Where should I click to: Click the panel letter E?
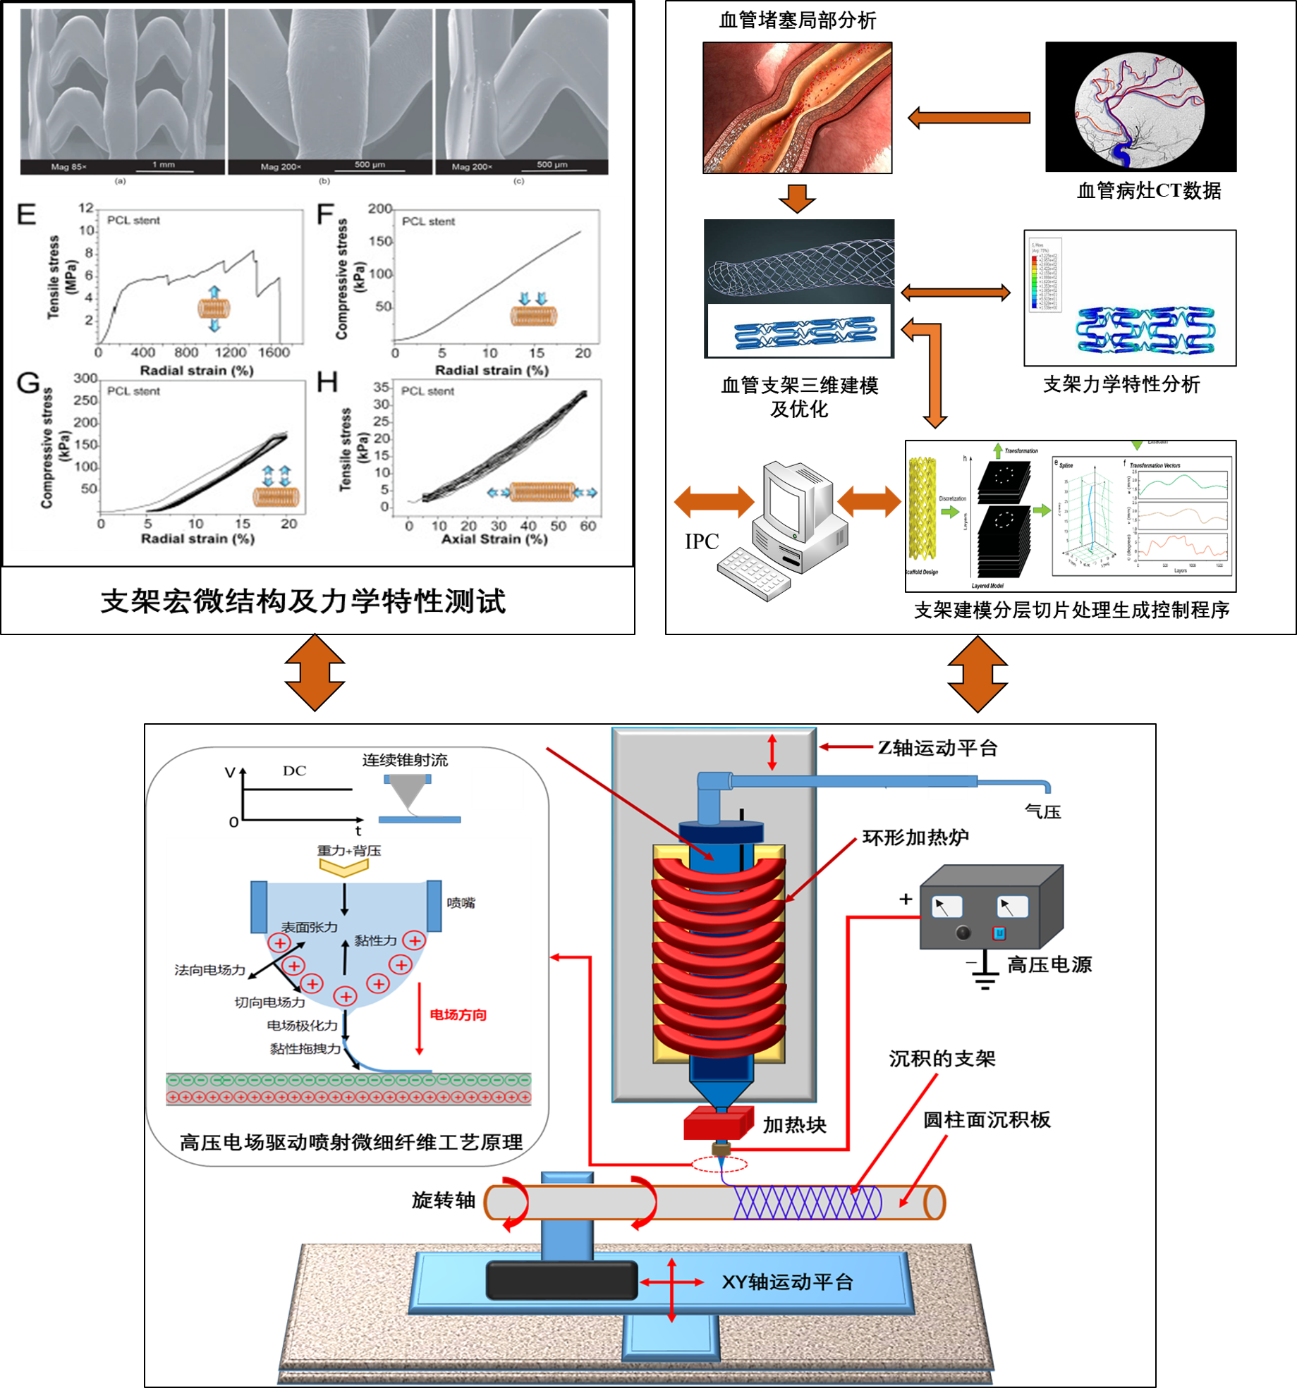[26, 214]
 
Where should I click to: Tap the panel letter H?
[327, 383]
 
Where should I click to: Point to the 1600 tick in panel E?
[274, 352]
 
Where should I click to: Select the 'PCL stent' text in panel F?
[428, 221]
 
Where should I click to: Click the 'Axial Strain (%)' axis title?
[494, 539]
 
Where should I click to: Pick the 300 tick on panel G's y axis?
[85, 379]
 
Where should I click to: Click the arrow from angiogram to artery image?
[969, 118]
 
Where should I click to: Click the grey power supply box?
[991, 909]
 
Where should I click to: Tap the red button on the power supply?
[999, 933]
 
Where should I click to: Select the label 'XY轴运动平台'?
[787, 1282]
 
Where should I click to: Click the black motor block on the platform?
[561, 1281]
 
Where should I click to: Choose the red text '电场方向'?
[458, 1015]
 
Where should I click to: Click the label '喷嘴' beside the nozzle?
[461, 903]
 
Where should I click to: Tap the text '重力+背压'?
[349, 851]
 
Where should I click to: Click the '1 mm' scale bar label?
[164, 165]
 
